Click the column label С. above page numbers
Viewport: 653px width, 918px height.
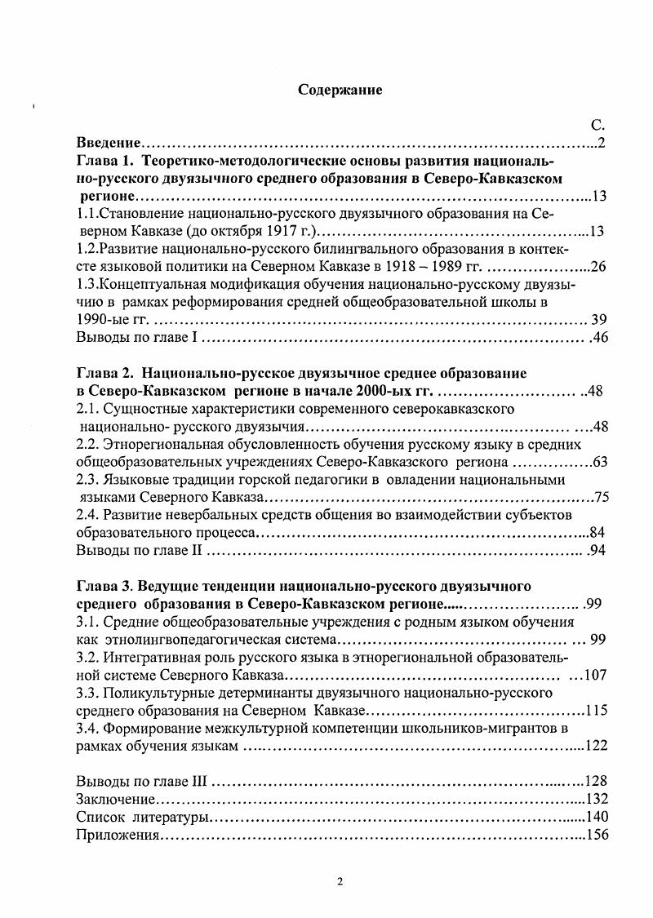597,126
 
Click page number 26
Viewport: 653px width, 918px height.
597,267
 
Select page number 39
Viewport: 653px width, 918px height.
598,319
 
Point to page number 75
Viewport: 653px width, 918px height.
602,497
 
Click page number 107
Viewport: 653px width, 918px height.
594,675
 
